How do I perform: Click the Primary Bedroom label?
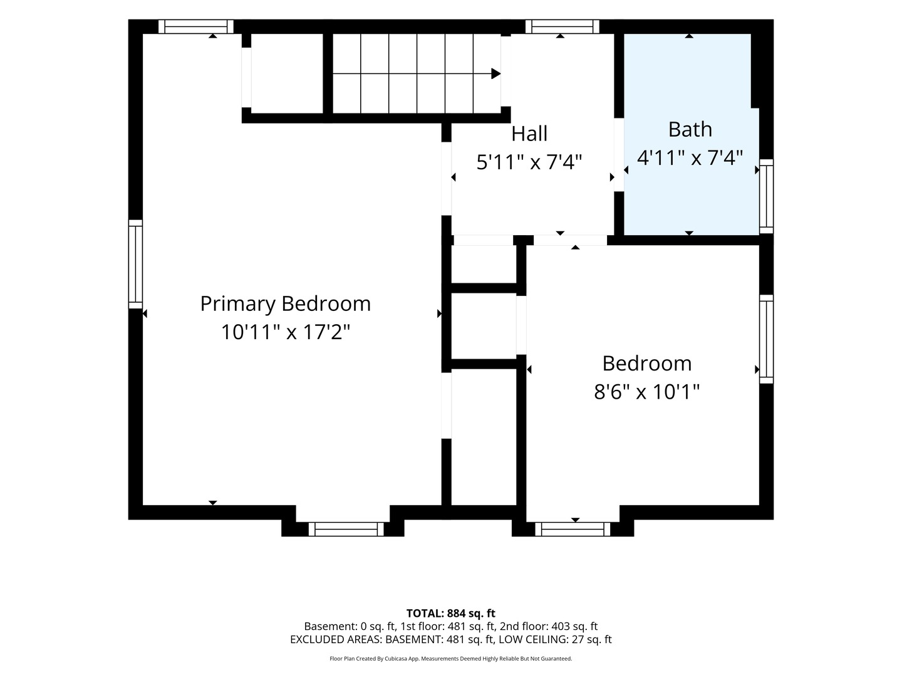point(285,304)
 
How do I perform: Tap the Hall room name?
point(529,134)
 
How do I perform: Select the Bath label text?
point(690,130)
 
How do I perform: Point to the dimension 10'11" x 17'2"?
point(286,332)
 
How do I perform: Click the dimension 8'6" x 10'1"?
point(647,392)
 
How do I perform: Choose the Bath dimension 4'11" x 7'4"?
point(690,157)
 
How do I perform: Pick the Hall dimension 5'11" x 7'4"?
point(529,162)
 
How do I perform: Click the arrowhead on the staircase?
point(496,74)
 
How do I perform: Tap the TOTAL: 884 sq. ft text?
point(451,613)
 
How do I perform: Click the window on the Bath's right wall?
point(766,196)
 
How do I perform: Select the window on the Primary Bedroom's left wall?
point(135,265)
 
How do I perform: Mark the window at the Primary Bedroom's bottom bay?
point(346,529)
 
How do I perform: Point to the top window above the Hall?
point(562,26)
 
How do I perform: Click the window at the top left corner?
point(196,26)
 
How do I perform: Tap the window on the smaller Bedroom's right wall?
point(766,339)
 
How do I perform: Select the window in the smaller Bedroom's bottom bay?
point(573,529)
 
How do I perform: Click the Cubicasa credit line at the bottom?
point(451,658)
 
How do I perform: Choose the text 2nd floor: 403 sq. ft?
point(549,626)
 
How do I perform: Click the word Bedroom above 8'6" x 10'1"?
point(647,364)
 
